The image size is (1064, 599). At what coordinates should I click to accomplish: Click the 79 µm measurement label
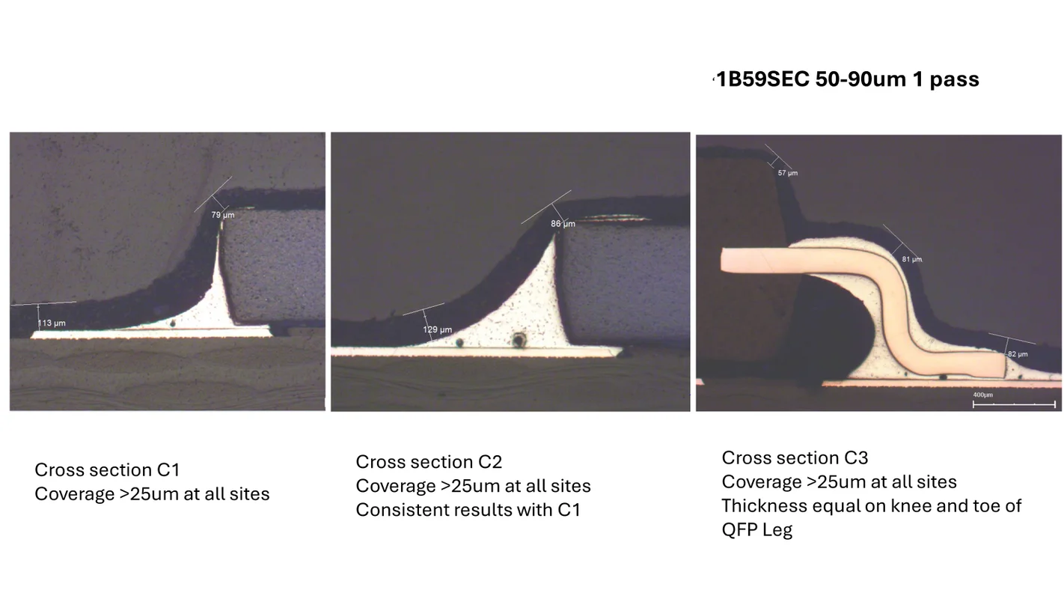pos(223,215)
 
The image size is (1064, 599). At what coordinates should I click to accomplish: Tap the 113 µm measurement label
pos(52,323)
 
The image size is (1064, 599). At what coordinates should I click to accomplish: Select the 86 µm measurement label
pos(563,223)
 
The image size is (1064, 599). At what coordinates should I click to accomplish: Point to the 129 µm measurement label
pos(438,329)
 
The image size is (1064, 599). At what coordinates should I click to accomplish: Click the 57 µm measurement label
pos(788,173)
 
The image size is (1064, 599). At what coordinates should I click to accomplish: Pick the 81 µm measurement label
pos(912,260)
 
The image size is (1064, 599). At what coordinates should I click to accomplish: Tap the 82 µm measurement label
pos(1018,354)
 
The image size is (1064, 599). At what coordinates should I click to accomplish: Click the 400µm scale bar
pos(1014,404)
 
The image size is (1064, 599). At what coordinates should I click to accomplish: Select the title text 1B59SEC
pos(763,79)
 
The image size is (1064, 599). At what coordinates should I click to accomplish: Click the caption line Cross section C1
pos(107,469)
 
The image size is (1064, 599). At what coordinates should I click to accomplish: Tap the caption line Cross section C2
pos(429,462)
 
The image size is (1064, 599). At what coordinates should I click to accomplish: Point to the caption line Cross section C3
pos(795,457)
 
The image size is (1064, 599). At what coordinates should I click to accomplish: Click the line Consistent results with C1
pos(468,510)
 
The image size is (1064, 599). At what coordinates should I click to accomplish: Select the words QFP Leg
pos(757,529)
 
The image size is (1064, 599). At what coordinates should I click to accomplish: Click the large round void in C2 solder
pos(519,340)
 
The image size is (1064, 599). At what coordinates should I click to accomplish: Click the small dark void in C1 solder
pos(172,323)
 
